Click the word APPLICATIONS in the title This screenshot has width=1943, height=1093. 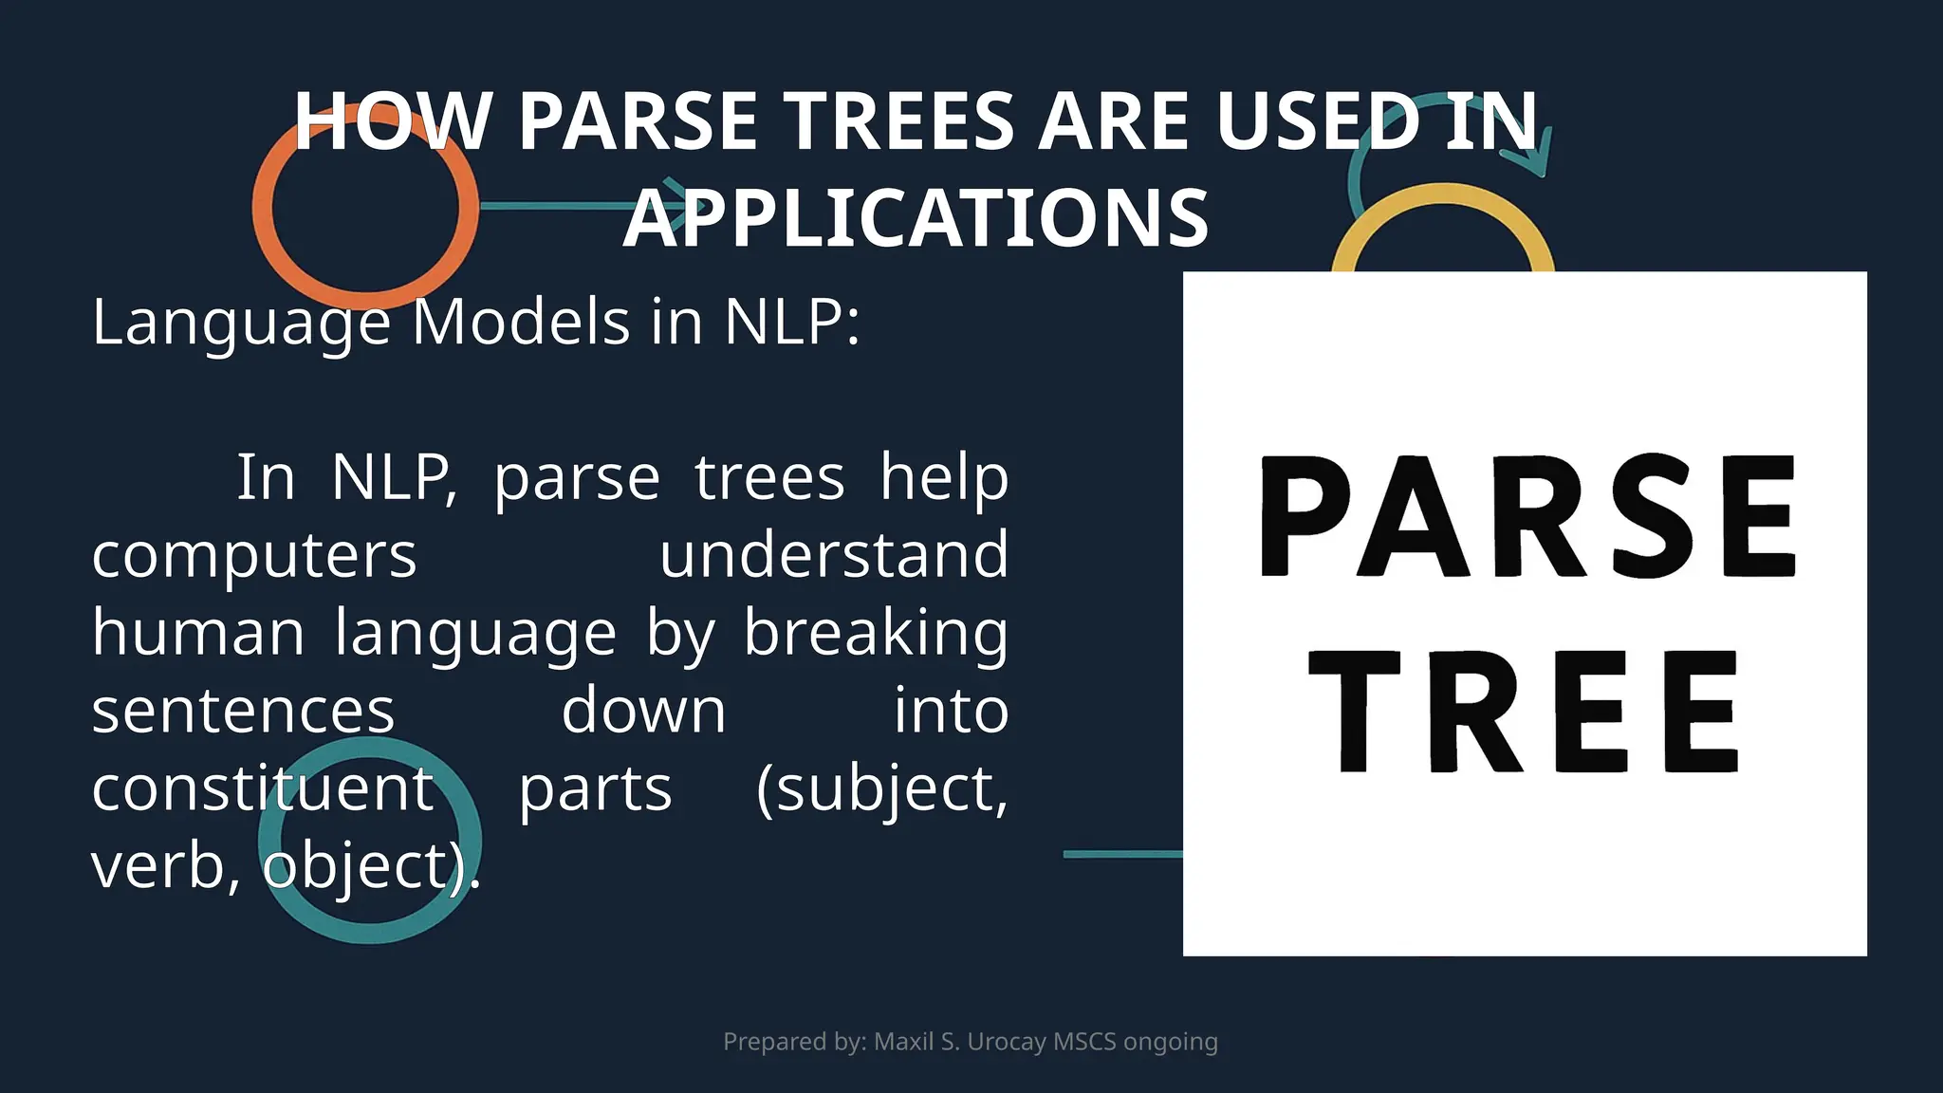coord(916,219)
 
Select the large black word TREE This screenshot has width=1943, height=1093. coord(1524,712)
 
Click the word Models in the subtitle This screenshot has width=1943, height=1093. coord(522,322)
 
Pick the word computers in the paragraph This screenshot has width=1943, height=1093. coord(254,555)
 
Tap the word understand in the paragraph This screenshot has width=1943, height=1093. coord(833,555)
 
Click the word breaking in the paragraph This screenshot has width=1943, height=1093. coord(875,633)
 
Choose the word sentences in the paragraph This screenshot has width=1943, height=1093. coord(243,711)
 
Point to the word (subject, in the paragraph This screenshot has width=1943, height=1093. coord(881,788)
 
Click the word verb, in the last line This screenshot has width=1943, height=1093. coord(166,866)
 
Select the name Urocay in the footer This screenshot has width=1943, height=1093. coord(1006,1042)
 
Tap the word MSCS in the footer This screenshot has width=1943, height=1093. coord(1084,1042)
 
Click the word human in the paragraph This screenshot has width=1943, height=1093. coord(197,633)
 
